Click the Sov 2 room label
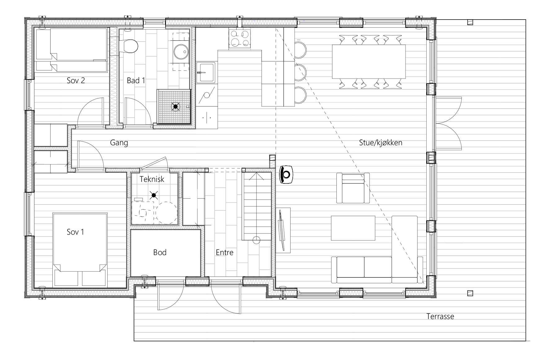click(76, 81)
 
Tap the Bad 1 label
click(136, 81)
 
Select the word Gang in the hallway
click(119, 143)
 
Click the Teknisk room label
click(152, 179)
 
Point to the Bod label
click(160, 252)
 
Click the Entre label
click(224, 252)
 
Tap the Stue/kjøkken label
click(380, 143)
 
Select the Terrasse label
click(440, 317)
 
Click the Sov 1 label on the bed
click(75, 232)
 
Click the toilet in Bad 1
click(130, 46)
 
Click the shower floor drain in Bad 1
click(175, 107)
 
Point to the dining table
click(369, 62)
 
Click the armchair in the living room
click(353, 188)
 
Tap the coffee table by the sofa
click(353, 228)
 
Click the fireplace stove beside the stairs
click(287, 175)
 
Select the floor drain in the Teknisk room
click(153, 195)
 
